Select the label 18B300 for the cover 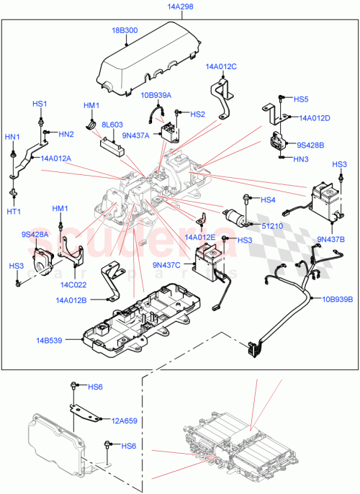125,31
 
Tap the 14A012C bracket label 220,66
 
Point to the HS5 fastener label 301,99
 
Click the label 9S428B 311,145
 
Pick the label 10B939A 156,94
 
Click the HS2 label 198,114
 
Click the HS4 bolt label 268,199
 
